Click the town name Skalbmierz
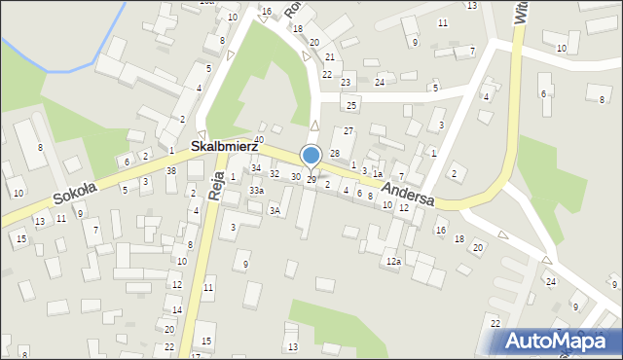tap(223, 145)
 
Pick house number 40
tap(259, 140)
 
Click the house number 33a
tap(256, 192)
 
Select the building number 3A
tap(275, 210)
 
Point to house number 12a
tap(392, 262)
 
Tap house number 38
tap(171, 170)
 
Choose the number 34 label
tap(256, 168)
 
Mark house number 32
tap(275, 174)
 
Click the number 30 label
tap(296, 177)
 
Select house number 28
tap(334, 154)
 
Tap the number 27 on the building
tap(348, 130)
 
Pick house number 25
tap(352, 104)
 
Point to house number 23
tap(346, 82)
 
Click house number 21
tap(330, 57)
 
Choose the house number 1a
tap(377, 172)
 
